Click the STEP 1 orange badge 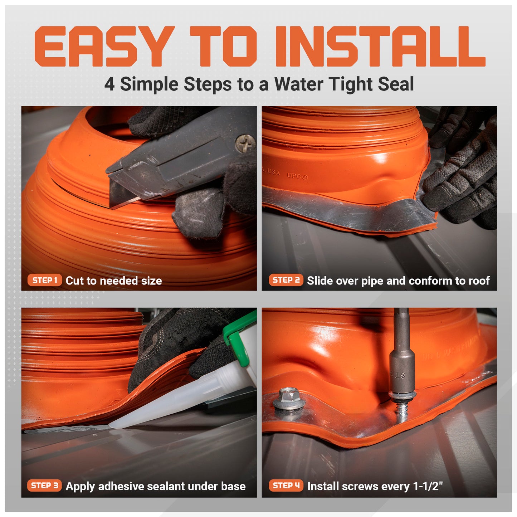click(45, 280)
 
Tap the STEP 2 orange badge click(286, 280)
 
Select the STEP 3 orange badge click(44, 486)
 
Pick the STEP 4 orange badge click(286, 486)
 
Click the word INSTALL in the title click(379, 47)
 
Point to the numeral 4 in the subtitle click(109, 85)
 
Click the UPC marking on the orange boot click(297, 176)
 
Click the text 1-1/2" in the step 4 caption click(428, 486)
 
